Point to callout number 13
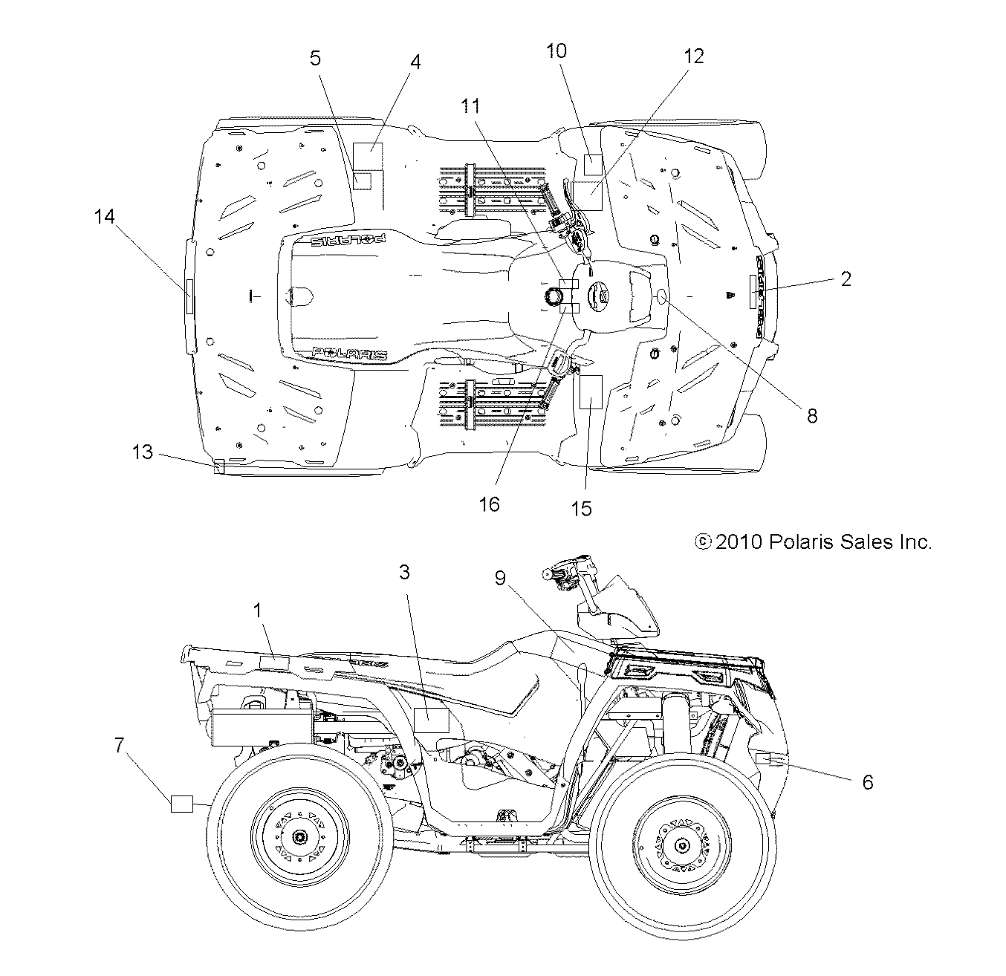[143, 452]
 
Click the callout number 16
[489, 504]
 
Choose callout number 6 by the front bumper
[867, 782]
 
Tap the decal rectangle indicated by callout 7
[182, 803]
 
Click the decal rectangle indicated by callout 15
[590, 393]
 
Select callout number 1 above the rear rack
[258, 611]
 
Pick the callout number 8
[812, 415]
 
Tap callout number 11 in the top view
[470, 106]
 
